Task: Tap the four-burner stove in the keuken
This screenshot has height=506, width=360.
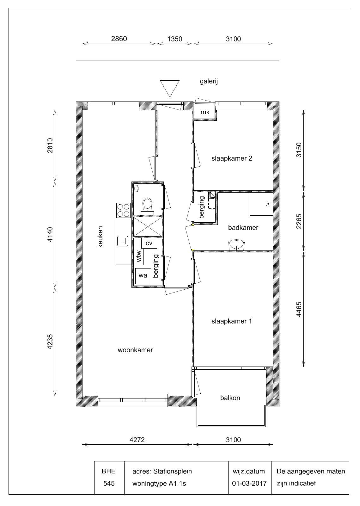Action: coord(124,210)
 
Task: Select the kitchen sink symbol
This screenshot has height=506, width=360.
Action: coord(123,241)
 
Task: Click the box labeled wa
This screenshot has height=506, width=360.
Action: coord(143,275)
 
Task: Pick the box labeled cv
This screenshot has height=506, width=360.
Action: coord(149,243)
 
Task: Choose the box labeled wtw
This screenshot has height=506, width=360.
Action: coord(138,256)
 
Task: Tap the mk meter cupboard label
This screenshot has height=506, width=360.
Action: coord(205,112)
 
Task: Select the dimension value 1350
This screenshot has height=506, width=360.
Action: coord(175,39)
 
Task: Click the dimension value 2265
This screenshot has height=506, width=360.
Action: coord(299,221)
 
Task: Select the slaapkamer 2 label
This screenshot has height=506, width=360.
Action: coord(232,158)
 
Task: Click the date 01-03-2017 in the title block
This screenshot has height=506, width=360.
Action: coord(249,483)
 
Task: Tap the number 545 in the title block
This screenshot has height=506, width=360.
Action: coord(109,483)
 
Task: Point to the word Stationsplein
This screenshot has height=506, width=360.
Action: coord(173,472)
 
